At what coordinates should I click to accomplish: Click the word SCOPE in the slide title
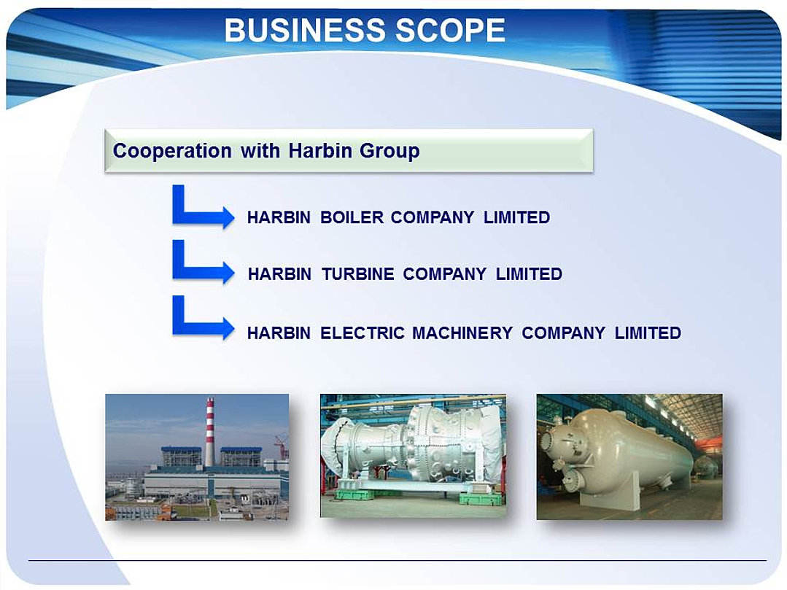pos(450,30)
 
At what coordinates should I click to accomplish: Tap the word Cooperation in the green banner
pos(172,150)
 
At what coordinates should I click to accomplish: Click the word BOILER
pos(352,217)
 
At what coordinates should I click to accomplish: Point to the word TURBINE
pos(358,274)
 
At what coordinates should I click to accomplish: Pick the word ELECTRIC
pos(363,333)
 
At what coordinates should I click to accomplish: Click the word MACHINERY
pos(462,333)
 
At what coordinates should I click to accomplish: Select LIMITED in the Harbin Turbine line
pos(529,274)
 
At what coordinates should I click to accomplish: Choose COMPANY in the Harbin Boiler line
pos(433,217)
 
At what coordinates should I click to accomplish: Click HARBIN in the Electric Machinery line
pos(279,333)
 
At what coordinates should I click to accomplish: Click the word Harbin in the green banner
pos(319,150)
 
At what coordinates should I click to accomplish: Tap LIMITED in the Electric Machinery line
pos(648,333)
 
